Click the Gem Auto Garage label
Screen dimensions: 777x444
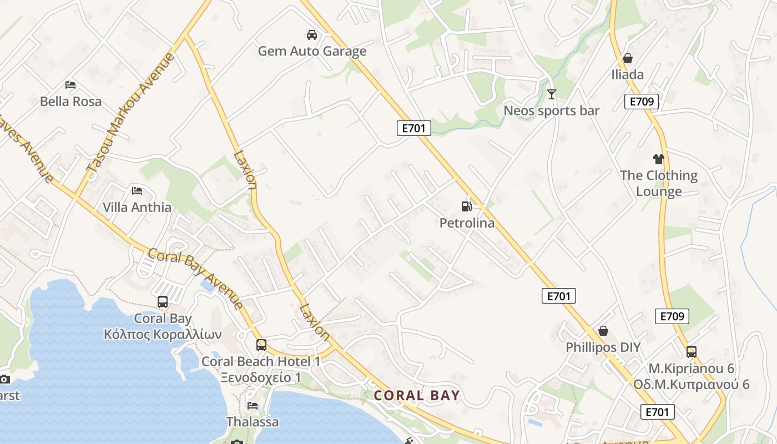coord(312,52)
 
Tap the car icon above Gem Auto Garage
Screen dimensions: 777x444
coord(312,35)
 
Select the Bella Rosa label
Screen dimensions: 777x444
coord(70,102)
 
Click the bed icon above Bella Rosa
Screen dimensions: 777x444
coord(70,85)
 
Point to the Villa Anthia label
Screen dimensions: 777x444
coord(137,208)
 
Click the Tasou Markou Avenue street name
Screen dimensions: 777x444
coord(130,111)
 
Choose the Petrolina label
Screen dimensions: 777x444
coord(467,224)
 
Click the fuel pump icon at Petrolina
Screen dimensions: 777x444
coord(467,206)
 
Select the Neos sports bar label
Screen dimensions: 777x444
coord(551,111)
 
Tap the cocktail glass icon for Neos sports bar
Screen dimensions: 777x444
coord(551,94)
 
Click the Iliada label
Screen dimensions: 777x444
coord(628,75)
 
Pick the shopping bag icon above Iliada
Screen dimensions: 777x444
coord(628,58)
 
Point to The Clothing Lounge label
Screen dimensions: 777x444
coord(659,184)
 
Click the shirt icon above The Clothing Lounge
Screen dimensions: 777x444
coord(659,159)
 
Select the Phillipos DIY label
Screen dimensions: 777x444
coord(603,348)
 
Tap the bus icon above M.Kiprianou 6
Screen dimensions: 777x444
coord(692,351)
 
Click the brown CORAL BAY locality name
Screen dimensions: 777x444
coord(417,396)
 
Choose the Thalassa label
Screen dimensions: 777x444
coord(253,422)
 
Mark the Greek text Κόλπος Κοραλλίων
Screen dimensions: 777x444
coord(163,335)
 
